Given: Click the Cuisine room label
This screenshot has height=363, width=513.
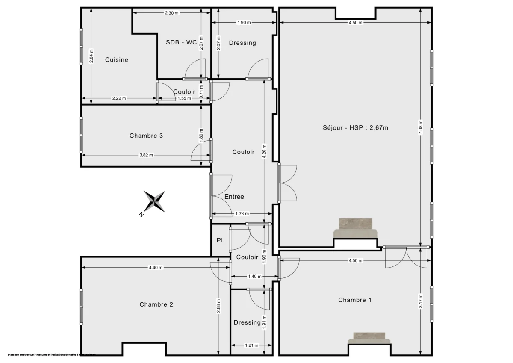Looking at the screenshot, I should [x=116, y=60].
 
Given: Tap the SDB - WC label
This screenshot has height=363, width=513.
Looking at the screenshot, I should [x=181, y=42].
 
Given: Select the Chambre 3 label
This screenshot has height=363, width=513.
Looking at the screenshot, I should [x=146, y=136].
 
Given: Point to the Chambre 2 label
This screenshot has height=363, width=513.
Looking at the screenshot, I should [x=156, y=304].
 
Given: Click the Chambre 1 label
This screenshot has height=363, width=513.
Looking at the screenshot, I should [x=354, y=300].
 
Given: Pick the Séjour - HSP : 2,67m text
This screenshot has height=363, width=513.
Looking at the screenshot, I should [x=355, y=127].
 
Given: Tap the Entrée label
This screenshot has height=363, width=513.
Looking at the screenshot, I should [x=234, y=197].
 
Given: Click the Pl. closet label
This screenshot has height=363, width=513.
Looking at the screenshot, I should [x=221, y=240].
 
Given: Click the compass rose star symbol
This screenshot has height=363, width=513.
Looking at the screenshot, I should [x=155, y=201].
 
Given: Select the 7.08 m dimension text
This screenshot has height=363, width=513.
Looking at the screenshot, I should [x=421, y=127].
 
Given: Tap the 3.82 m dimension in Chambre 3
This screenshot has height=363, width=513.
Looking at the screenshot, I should [x=146, y=155].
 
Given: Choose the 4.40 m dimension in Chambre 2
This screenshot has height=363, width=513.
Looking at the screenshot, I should [x=156, y=268].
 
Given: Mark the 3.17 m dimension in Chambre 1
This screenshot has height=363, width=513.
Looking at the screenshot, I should [x=421, y=301].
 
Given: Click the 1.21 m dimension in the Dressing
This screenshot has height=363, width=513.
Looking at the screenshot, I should [x=251, y=345].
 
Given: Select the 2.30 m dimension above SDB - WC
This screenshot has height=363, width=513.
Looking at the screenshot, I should [x=171, y=13].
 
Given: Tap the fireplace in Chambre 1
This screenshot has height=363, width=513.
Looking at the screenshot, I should [x=369, y=338].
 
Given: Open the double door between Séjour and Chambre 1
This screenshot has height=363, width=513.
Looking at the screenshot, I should [x=406, y=257].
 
